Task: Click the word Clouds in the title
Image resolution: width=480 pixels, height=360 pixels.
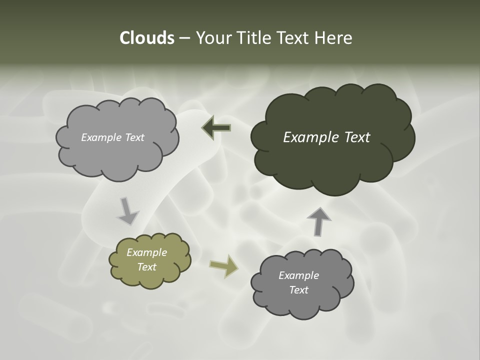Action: click(146, 38)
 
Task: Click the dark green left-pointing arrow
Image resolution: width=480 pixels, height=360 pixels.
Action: click(216, 128)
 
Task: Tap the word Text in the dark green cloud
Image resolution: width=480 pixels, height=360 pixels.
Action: click(357, 137)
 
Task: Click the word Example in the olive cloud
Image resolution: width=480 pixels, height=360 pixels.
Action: click(146, 252)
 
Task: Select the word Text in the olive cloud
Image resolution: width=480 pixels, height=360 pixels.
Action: click(146, 267)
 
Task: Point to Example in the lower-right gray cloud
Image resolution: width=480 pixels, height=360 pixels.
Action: click(298, 275)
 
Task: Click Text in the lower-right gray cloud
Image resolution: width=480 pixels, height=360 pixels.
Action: click(298, 290)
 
